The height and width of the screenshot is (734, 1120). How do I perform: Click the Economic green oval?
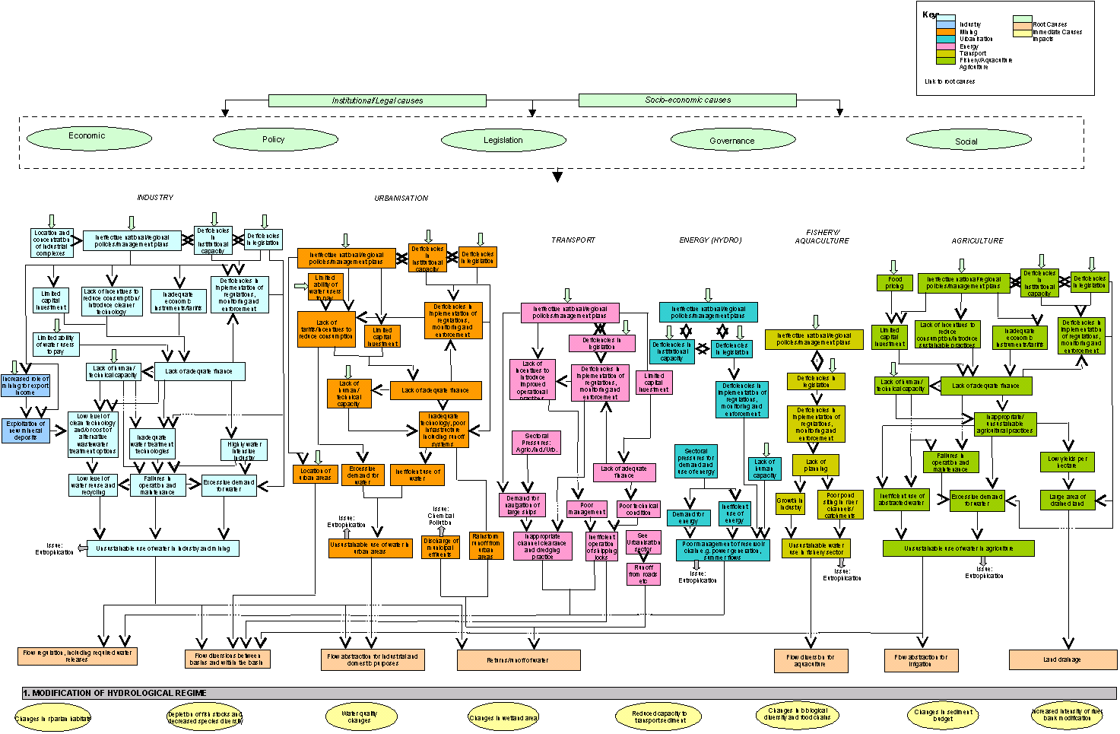(89, 137)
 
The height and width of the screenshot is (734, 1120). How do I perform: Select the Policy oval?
(274, 140)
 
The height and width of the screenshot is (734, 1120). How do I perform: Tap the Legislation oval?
(503, 141)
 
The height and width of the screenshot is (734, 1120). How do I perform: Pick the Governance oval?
(731, 141)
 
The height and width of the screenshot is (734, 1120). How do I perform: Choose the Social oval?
(966, 141)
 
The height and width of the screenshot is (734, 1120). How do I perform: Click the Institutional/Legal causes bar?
(376, 100)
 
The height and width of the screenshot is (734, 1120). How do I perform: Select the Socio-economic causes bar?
(687, 100)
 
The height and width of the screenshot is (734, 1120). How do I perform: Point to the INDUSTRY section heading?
(155, 198)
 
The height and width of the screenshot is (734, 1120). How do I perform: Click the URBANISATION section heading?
(401, 199)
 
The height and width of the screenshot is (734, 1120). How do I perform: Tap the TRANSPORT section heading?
(573, 240)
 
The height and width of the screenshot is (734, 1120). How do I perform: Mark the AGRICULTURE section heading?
(977, 241)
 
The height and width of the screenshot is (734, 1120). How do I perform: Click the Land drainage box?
(1061, 659)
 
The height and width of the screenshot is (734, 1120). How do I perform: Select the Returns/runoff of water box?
(518, 660)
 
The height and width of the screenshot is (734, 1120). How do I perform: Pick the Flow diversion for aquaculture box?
(811, 661)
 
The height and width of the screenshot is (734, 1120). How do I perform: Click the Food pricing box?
(895, 283)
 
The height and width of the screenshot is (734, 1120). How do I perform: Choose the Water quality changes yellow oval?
(360, 717)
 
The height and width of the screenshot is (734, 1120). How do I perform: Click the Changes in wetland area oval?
(503, 717)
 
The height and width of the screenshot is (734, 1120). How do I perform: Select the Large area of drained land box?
(1068, 500)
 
